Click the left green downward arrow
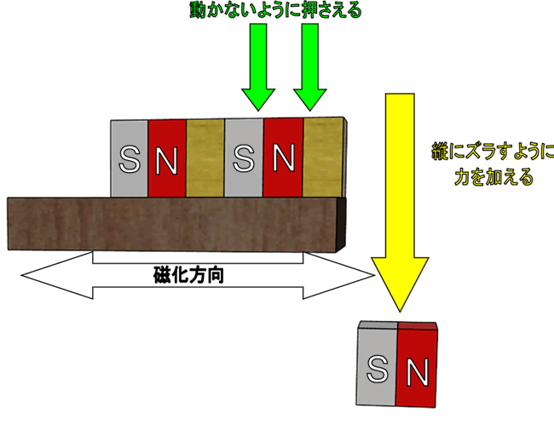[256, 77]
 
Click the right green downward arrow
[310, 77]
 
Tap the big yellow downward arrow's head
[401, 281]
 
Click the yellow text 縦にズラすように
[489, 154]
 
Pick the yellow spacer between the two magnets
[205, 158]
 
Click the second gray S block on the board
[244, 158]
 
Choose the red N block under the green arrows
[283, 158]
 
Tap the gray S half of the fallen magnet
[377, 366]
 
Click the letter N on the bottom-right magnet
[417, 371]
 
